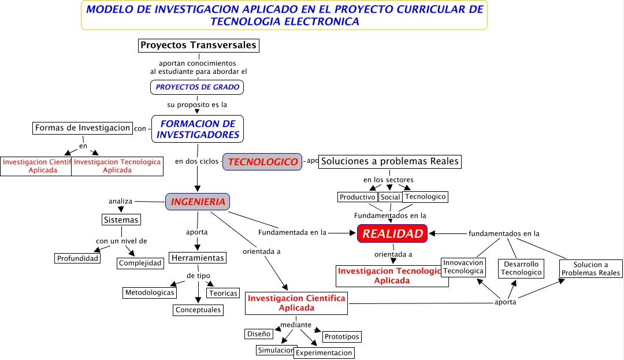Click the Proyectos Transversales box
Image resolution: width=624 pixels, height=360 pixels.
click(198, 45)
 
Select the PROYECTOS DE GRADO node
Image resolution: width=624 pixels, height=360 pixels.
click(197, 87)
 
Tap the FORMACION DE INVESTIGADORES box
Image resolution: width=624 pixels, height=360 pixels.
click(198, 129)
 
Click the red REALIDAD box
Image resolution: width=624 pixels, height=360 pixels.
click(392, 233)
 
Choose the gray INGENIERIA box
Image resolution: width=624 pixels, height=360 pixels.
click(198, 202)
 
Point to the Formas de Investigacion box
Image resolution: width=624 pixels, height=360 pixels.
click(83, 128)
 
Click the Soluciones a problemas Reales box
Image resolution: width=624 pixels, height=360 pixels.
click(390, 161)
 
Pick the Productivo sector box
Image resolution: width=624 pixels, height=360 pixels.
click(358, 197)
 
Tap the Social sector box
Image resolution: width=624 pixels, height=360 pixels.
click(390, 197)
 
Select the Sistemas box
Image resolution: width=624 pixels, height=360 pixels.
click(121, 220)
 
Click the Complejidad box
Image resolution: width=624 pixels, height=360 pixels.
click(140, 263)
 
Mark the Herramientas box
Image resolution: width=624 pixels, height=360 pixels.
click(198, 258)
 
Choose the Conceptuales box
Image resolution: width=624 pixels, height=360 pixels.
click(198, 310)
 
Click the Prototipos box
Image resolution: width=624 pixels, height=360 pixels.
click(341, 336)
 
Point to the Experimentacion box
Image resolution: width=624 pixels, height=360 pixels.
click(324, 352)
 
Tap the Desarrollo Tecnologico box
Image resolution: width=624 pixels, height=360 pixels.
click(521, 268)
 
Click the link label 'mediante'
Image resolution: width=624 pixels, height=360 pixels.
click(296, 325)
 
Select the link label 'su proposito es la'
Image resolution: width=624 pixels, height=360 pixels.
click(197, 105)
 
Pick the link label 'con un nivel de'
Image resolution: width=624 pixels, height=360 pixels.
click(121, 241)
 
